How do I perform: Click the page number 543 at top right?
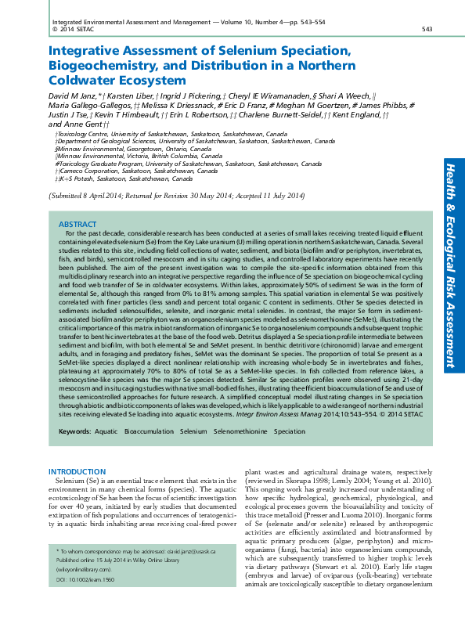click(x=427, y=29)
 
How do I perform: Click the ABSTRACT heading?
click(x=78, y=224)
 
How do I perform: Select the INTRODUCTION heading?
click(x=77, y=471)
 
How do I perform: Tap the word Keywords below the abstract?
click(x=74, y=431)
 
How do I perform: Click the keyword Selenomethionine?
click(x=239, y=431)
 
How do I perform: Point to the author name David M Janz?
click(x=75, y=95)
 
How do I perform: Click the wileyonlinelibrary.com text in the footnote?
click(x=81, y=593)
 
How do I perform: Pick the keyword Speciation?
click(x=290, y=431)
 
